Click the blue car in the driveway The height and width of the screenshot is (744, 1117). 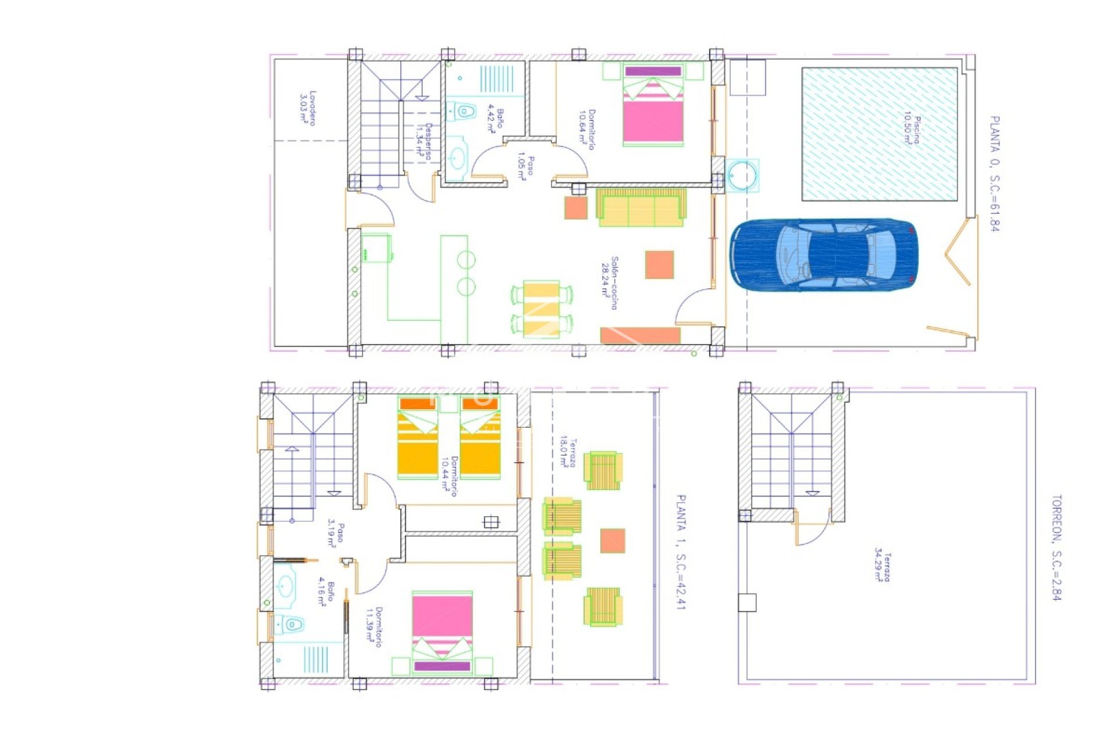[x=823, y=255]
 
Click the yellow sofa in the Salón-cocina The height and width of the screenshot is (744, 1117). [x=641, y=208]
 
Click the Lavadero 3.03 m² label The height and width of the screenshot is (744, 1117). [x=308, y=107]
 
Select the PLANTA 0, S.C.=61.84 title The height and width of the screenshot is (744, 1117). [x=994, y=173]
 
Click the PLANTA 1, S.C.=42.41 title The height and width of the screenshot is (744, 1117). [x=681, y=552]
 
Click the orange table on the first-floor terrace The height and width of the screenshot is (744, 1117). [x=612, y=541]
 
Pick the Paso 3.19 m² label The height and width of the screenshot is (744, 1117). [x=336, y=534]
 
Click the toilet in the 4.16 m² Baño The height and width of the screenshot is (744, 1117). [x=291, y=625]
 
